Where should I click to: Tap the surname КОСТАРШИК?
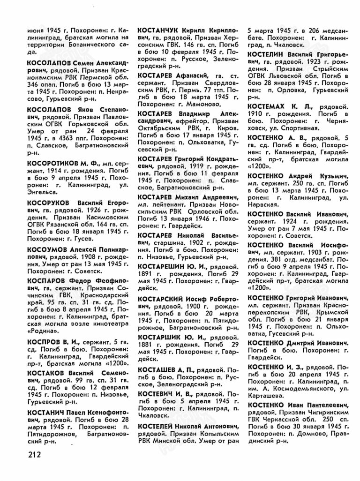[162, 337]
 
